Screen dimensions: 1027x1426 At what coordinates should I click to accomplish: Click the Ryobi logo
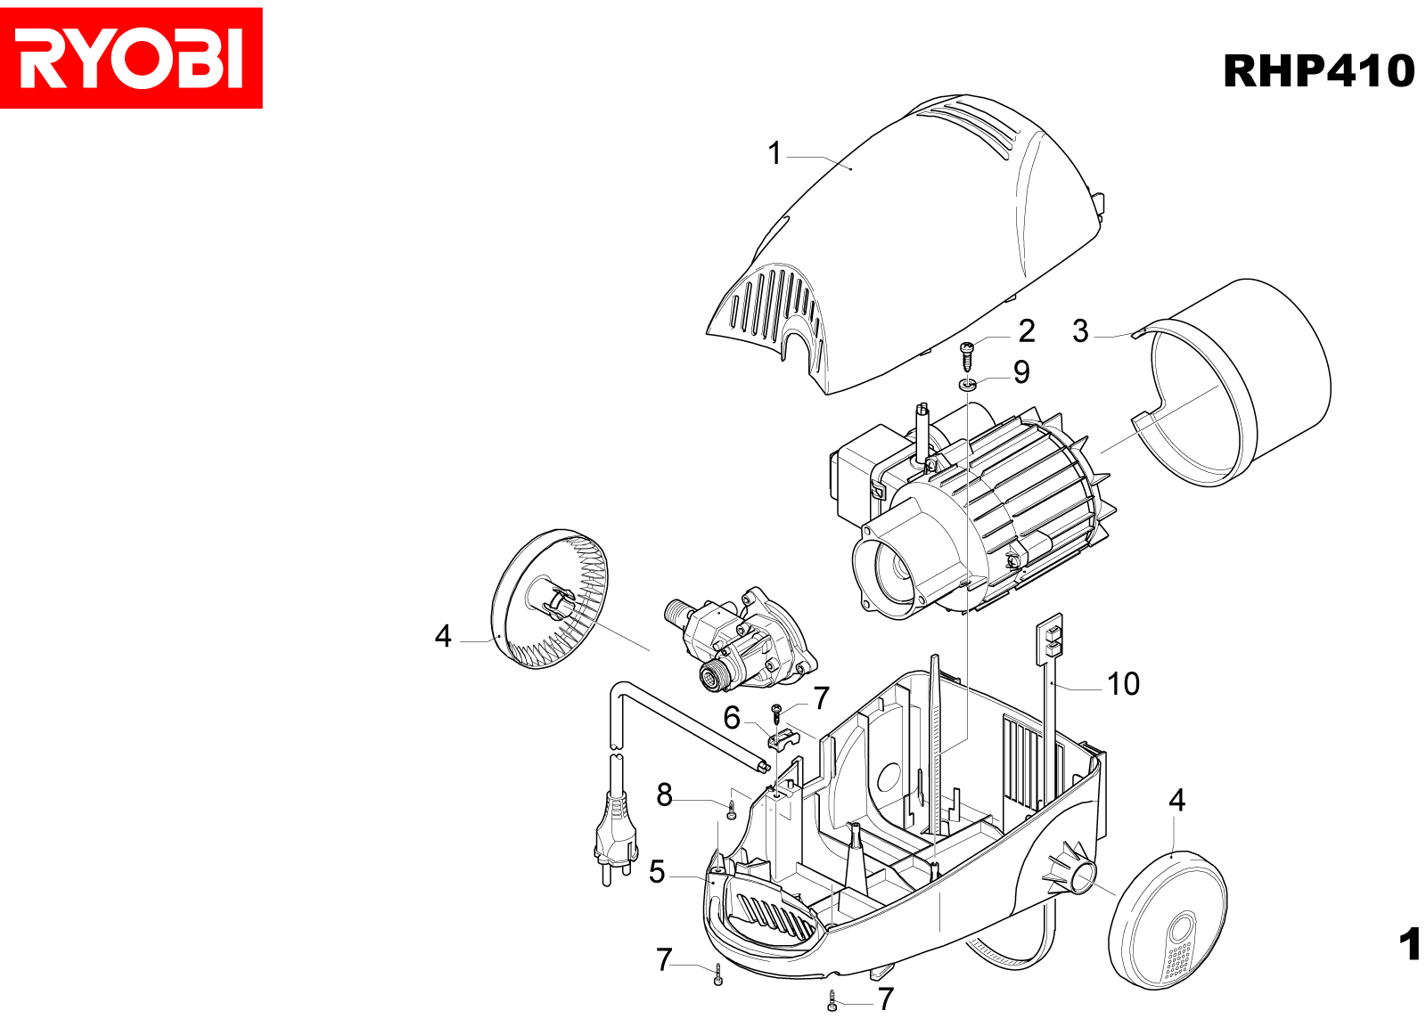coord(131,58)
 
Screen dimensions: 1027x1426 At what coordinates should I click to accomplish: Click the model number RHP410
coord(1318,71)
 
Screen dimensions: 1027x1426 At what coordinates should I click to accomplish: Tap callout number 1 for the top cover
coord(774,153)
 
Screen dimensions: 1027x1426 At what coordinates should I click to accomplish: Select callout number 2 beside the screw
coord(1027,331)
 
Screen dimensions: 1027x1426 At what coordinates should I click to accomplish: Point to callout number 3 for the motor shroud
coord(1080,331)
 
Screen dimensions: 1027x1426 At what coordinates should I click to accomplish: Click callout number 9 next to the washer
coord(1021,372)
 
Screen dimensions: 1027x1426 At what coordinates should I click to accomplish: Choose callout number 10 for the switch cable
coord(1123,684)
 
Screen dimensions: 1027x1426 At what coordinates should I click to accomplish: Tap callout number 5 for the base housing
coord(657,872)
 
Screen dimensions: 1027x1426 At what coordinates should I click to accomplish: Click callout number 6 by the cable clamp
coord(732,718)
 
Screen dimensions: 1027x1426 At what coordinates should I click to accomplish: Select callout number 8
coord(665,795)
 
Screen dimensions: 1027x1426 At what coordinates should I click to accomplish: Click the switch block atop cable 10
coord(1050,639)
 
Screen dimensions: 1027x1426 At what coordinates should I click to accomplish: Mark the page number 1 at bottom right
coord(1409,944)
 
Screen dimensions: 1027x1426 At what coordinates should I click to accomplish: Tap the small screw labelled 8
coord(732,809)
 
